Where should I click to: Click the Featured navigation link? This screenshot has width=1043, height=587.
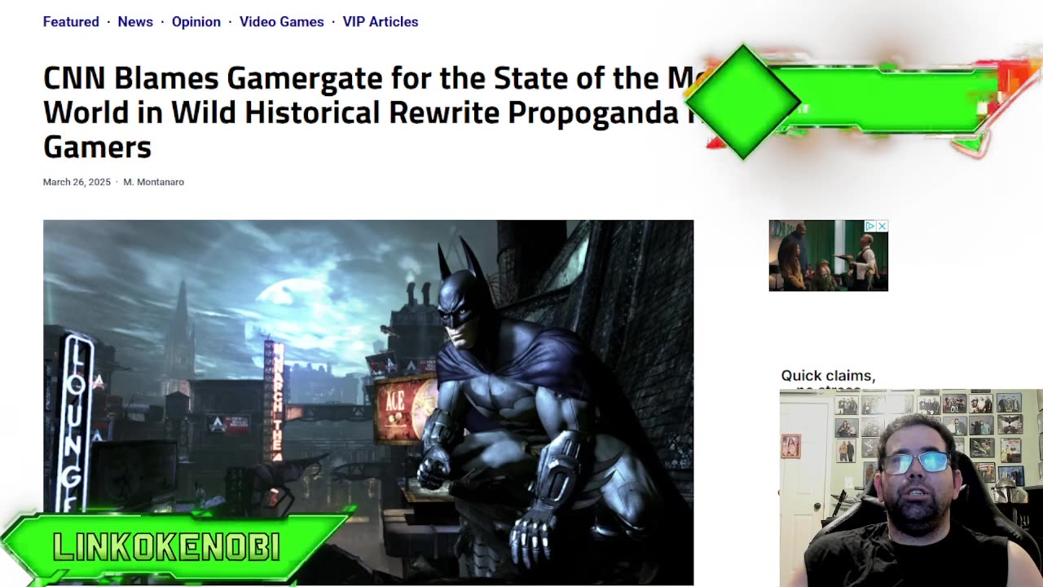tap(71, 22)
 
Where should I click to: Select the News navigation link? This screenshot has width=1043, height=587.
tap(135, 22)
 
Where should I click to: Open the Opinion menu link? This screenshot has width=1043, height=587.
tap(196, 22)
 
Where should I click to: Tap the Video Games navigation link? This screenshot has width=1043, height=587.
tap(281, 22)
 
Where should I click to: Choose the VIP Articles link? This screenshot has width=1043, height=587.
tap(380, 22)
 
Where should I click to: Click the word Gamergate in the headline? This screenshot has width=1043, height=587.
tap(304, 78)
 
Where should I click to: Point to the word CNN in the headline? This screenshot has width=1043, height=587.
tap(74, 78)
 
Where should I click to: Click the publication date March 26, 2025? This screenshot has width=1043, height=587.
tap(77, 182)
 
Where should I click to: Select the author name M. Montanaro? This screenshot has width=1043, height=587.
tap(153, 182)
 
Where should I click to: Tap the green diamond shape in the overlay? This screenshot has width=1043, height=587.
tap(743, 101)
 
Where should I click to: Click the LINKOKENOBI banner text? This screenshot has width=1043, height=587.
tap(167, 547)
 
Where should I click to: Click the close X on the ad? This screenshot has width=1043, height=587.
tap(882, 226)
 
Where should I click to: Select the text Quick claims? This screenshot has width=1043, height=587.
tap(828, 376)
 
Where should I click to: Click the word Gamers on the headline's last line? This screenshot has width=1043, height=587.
tap(97, 148)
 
